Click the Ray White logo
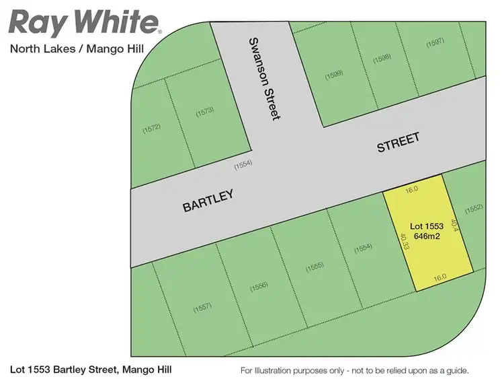(x=84, y=22)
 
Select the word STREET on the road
(x=398, y=143)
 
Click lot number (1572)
(x=151, y=127)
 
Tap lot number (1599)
(x=334, y=75)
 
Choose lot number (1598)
(x=381, y=58)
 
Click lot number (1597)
(x=435, y=44)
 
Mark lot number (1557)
(x=202, y=307)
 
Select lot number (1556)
(x=259, y=287)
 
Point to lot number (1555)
(x=314, y=267)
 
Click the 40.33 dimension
(x=404, y=241)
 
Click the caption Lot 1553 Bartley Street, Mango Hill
(x=91, y=370)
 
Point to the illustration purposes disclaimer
(x=354, y=370)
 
